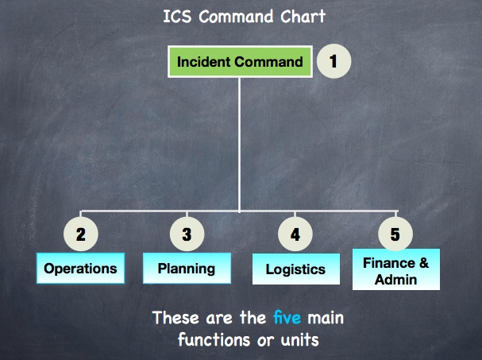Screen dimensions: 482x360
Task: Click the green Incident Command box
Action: (x=240, y=61)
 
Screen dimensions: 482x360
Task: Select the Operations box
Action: (x=80, y=268)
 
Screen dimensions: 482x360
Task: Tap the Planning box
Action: (x=187, y=268)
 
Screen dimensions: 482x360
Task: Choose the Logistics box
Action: (x=296, y=269)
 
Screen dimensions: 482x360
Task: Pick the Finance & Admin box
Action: (x=396, y=269)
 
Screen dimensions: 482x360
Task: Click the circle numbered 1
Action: (x=334, y=61)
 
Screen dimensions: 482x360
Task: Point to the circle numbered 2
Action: (x=81, y=234)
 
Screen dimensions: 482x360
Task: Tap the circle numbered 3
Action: (x=187, y=234)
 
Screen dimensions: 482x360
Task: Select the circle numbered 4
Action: (x=295, y=234)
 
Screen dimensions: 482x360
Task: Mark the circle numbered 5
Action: (x=395, y=234)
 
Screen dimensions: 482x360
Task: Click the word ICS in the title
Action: (x=177, y=17)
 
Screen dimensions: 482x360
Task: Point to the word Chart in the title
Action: (x=303, y=17)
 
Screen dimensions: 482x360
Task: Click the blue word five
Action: (x=287, y=318)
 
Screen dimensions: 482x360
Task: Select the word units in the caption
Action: (x=299, y=340)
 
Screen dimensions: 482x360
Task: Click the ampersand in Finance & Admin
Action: (x=423, y=263)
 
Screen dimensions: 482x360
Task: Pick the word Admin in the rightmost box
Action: (x=395, y=280)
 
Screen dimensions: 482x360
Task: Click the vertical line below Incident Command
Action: (x=240, y=145)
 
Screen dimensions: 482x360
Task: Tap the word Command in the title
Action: (x=236, y=17)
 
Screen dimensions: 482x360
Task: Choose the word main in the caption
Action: (x=326, y=318)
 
